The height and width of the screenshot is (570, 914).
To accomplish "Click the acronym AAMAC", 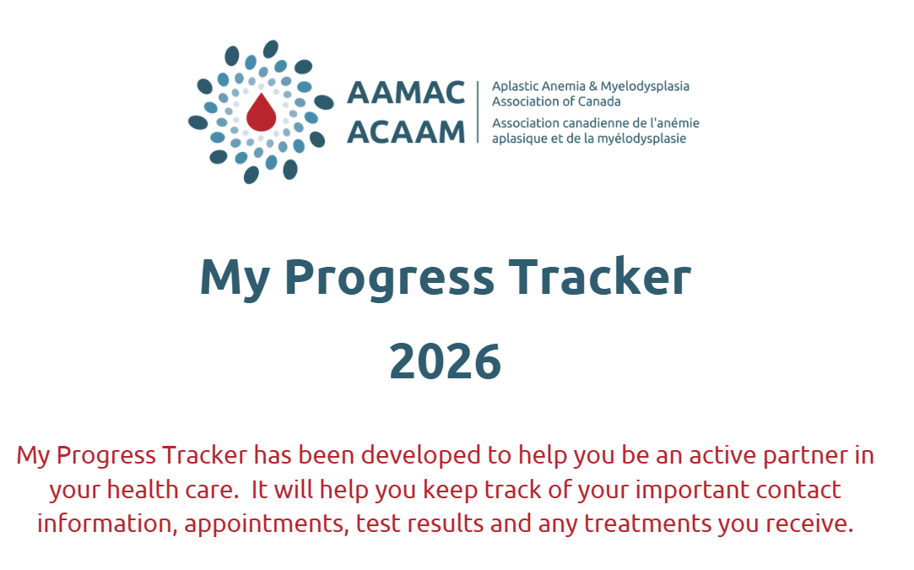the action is [x=406, y=93].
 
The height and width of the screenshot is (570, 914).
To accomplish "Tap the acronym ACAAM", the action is [x=406, y=132].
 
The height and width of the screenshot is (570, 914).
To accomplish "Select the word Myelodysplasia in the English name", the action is [x=645, y=87].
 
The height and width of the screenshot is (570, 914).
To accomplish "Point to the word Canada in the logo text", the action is [x=599, y=101].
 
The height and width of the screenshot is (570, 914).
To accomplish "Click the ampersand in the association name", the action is [x=592, y=86].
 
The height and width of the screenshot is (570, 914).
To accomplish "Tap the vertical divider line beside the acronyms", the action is [x=478, y=112].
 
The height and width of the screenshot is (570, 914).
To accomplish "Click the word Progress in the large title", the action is [x=389, y=279].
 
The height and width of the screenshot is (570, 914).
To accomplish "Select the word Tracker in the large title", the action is [x=600, y=276].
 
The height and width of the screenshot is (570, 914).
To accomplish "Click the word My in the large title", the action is [x=235, y=280].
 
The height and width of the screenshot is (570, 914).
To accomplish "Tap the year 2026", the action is [x=446, y=361].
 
